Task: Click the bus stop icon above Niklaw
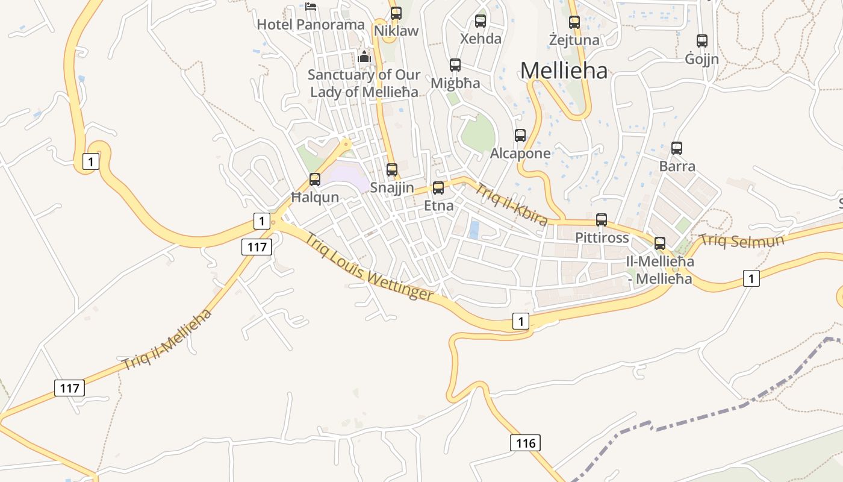click(x=396, y=13)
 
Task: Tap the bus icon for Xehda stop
click(x=481, y=21)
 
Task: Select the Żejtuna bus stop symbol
click(x=574, y=22)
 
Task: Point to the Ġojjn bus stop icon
click(x=702, y=41)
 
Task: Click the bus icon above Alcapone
click(x=520, y=136)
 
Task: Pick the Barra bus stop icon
click(x=677, y=148)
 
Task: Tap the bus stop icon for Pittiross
click(x=602, y=220)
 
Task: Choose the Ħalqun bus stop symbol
click(x=315, y=180)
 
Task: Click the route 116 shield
click(x=525, y=443)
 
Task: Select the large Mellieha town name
click(x=564, y=70)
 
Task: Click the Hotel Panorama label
click(x=311, y=25)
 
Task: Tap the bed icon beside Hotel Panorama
click(x=311, y=7)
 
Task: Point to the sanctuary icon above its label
click(x=364, y=57)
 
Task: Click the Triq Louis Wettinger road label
click(x=369, y=266)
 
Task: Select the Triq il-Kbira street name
click(x=511, y=204)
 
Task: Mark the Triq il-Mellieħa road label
click(x=167, y=340)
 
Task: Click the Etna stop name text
click(x=438, y=205)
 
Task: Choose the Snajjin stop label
click(x=392, y=187)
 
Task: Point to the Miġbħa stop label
click(x=455, y=83)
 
